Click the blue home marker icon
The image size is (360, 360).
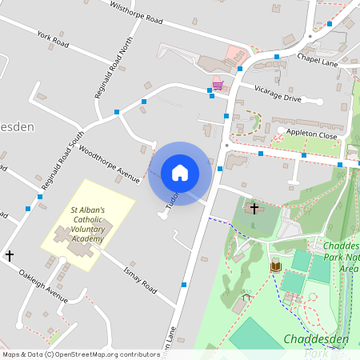[x=180, y=173]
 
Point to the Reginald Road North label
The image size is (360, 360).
[x=112, y=71]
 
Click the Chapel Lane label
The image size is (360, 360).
[x=318, y=58]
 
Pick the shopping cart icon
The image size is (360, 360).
[x=218, y=85]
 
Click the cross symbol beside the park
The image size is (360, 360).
[x=254, y=208]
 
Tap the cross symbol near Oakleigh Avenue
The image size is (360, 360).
[x=9, y=255]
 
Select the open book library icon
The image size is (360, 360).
[x=276, y=266]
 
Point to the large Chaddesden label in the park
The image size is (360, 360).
[x=317, y=339]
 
